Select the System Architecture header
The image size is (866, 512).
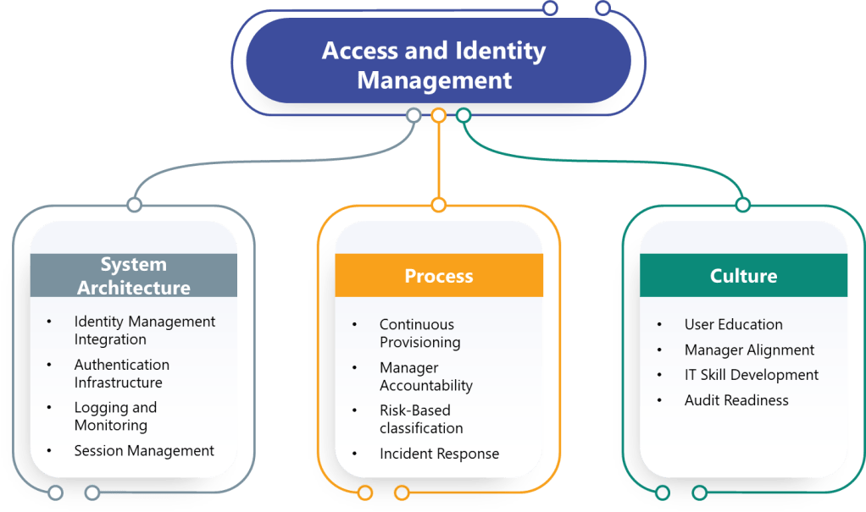coord(134,276)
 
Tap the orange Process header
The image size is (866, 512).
coord(438,276)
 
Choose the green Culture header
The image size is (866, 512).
coord(743,276)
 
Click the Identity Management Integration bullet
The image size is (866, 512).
coord(144,331)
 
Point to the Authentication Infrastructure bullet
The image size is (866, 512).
coord(121,373)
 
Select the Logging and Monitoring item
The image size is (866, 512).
coord(114,416)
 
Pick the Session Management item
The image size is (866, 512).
coord(144,451)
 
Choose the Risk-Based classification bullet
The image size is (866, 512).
coord(421,419)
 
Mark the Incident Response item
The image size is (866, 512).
coord(439,454)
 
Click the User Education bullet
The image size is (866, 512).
coord(733,325)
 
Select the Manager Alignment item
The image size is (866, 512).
coord(749,350)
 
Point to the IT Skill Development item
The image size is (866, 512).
coord(751,375)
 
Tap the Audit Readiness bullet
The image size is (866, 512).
coord(736,400)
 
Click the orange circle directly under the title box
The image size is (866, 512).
coord(438,115)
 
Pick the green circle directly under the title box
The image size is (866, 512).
coord(464,115)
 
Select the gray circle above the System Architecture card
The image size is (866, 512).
coord(134,205)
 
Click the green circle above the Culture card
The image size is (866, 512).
coord(743,205)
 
